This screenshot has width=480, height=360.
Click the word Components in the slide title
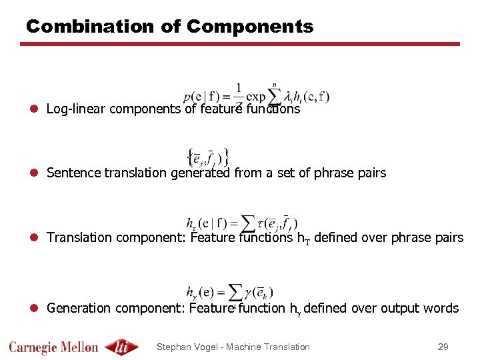pos(250,27)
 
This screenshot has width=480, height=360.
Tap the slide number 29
pos(443,347)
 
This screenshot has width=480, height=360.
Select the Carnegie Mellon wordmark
pos(53,347)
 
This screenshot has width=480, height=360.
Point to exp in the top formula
pos(256,98)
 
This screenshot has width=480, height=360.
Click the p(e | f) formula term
pos(203,98)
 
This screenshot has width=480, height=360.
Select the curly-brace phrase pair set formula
pos(207,156)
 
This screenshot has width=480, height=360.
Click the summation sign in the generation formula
pos(234,293)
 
